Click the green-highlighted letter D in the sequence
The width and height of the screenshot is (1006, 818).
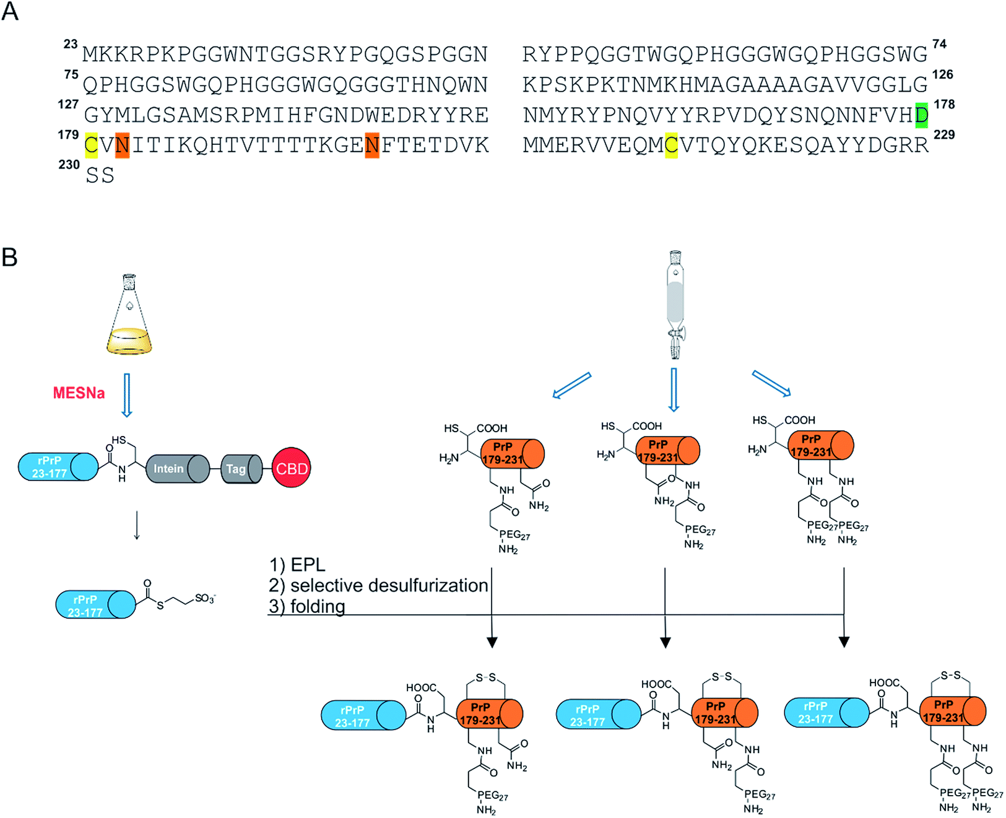[x=921, y=115]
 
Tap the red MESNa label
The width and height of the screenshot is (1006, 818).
[x=79, y=393]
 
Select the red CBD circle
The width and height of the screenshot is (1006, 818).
[x=292, y=468]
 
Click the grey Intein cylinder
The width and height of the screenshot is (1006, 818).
[x=178, y=469]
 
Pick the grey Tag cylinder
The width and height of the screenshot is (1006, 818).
[x=241, y=469]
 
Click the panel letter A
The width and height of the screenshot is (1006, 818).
[x=10, y=11]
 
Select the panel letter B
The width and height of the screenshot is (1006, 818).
[x=9, y=258]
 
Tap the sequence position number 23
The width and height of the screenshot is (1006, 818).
[x=71, y=44]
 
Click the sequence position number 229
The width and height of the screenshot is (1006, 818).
[x=944, y=135]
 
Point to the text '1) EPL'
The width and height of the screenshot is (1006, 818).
[x=298, y=565]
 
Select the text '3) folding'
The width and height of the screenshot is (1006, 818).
[x=307, y=606]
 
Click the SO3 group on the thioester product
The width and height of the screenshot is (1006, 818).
[x=206, y=598]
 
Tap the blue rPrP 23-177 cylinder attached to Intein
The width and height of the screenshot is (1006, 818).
[x=58, y=467]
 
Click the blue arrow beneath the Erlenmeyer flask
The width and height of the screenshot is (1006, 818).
[x=126, y=395]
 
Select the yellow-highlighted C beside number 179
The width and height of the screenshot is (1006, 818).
[x=91, y=145]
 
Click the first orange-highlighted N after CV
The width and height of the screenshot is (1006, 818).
[x=123, y=145]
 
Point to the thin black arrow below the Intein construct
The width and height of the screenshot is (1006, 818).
[x=137, y=524]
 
